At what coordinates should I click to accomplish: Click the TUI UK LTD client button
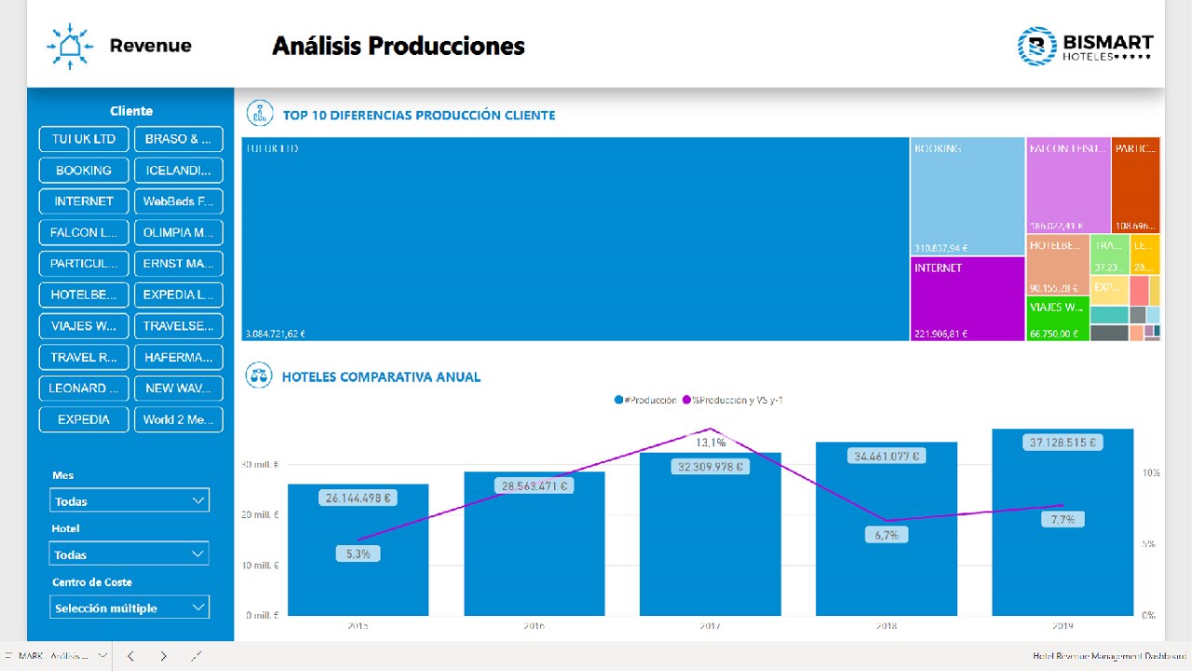point(84,139)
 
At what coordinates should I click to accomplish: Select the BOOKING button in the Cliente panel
point(84,171)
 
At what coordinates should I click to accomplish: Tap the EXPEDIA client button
point(84,419)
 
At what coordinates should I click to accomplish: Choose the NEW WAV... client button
point(179,388)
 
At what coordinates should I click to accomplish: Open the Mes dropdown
point(129,500)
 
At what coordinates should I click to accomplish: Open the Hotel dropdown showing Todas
point(129,554)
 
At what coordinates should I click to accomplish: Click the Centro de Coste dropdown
point(129,608)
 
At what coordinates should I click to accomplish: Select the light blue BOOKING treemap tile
point(968,196)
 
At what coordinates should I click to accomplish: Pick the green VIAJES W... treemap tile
point(1057,319)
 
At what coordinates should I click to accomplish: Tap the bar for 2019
point(1063,531)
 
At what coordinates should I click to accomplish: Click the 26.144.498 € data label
point(359,499)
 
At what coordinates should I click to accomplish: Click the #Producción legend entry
point(646,400)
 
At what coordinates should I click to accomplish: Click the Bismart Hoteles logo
point(1085,46)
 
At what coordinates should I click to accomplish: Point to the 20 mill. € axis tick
point(261,515)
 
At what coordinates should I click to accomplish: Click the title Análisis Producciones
point(399,46)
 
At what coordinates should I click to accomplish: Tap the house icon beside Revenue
point(69,46)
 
